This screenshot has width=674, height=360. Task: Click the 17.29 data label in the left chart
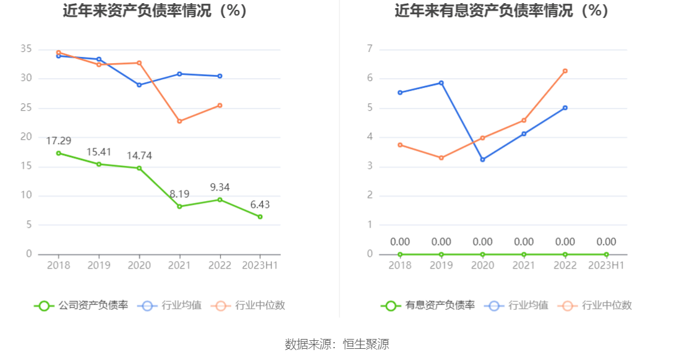point(59,141)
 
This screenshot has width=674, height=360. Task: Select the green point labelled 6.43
point(260,216)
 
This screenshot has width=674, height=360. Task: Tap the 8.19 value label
point(179,194)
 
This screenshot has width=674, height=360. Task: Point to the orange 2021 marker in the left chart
point(179,121)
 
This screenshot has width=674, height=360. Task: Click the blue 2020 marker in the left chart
point(139,85)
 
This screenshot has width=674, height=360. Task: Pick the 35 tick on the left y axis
point(25,49)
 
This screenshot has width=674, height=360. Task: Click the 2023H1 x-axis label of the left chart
point(260,265)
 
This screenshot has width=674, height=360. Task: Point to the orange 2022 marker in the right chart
point(565,71)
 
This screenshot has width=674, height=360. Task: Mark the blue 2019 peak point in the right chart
point(442,83)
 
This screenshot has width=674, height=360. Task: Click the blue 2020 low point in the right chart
point(482,160)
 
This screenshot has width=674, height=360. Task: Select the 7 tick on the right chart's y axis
point(370,49)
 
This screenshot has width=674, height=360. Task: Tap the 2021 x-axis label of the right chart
point(524,265)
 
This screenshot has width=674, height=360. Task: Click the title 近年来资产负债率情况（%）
point(155,11)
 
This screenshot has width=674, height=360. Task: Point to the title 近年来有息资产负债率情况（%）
point(501,11)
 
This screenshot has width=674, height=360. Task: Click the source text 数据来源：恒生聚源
point(337,345)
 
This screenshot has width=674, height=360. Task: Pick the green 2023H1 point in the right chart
point(606,254)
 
